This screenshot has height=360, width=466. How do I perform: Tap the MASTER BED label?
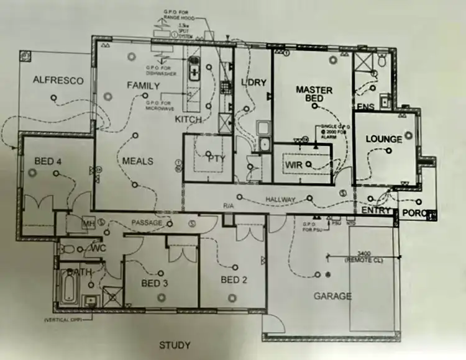[x=314, y=94]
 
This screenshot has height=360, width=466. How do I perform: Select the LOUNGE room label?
[x=383, y=139]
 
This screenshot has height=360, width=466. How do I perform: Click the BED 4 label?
[x=48, y=161]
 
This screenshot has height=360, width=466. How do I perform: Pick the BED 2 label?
[x=234, y=280]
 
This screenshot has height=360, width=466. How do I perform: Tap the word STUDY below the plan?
[x=175, y=345]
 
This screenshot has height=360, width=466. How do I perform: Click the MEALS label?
[x=137, y=161]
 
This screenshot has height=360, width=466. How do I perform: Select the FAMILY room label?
[x=143, y=86]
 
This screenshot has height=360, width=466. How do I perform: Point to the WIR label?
[x=293, y=164]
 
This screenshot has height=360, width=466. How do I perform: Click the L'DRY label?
[x=253, y=83]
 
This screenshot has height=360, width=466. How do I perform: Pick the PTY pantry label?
[x=216, y=158]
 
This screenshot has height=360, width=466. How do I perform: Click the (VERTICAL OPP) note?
[x=65, y=320]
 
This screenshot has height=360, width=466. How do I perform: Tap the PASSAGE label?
[x=147, y=222]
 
